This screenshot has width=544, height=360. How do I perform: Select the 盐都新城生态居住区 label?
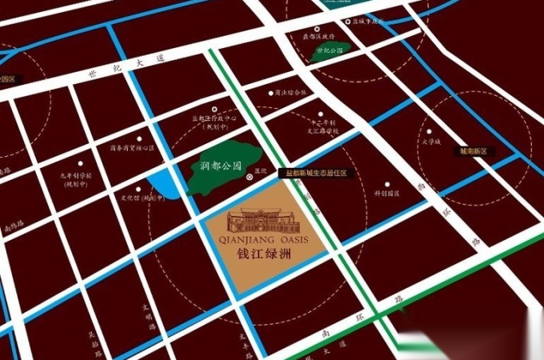pyautogui.click(x=317, y=173)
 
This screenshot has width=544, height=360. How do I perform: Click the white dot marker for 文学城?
pyautogui.click(x=429, y=130)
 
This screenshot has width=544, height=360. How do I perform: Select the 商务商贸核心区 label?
pyautogui.click(x=128, y=147)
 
